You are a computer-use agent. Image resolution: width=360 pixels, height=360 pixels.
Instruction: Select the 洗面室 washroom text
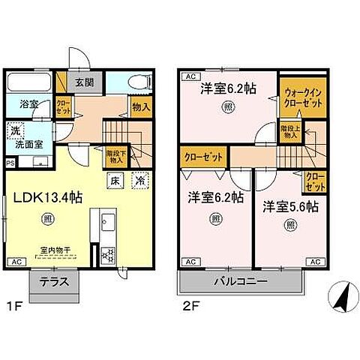pyautogui.click(x=31, y=145)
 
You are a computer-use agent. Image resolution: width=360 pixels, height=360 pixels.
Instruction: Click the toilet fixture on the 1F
pyautogui.click(x=137, y=82)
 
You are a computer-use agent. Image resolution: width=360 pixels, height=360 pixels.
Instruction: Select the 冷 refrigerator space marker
pyautogui.click(x=139, y=180)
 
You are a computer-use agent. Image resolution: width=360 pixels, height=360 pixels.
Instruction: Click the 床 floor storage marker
pyautogui.click(x=116, y=180)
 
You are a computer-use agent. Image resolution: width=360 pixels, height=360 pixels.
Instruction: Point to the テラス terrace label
pyautogui.click(x=55, y=283)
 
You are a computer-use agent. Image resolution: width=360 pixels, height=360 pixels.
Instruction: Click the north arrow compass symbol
pyautogui.click(x=341, y=298)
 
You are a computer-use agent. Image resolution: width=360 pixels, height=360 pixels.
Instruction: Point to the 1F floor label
pyautogui.click(x=13, y=306)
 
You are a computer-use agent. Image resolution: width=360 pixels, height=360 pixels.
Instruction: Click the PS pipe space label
pyautogui.click(x=10, y=161)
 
